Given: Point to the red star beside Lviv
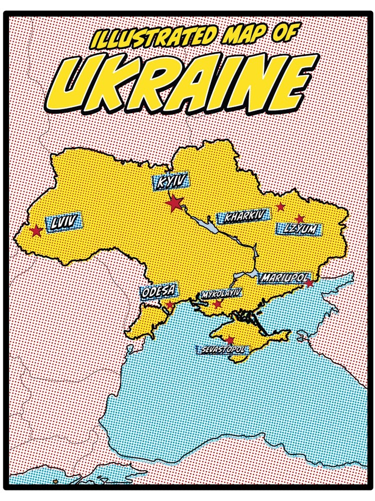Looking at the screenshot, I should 36,231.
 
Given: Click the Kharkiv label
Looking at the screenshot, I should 243,217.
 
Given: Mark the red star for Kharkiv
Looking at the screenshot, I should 280,206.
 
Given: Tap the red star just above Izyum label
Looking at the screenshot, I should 299,219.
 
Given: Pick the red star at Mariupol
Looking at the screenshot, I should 309,283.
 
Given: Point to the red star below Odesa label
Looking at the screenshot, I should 170,305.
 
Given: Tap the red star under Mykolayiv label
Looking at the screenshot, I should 217,304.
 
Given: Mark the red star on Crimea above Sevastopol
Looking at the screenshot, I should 230,340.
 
